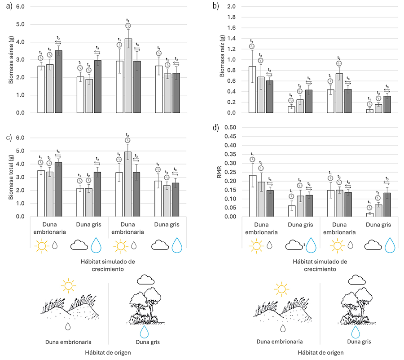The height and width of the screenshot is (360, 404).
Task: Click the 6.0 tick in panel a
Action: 20,8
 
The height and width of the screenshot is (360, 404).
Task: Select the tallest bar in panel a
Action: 128,76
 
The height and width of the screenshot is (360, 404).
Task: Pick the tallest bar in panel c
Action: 128,184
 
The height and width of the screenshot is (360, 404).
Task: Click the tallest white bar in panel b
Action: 252,90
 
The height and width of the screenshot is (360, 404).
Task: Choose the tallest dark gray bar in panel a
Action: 58,82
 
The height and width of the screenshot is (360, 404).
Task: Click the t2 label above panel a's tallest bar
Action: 128,21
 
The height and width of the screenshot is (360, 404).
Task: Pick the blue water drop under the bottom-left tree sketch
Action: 144,332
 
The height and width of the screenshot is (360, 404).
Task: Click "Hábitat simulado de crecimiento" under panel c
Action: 108,265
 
